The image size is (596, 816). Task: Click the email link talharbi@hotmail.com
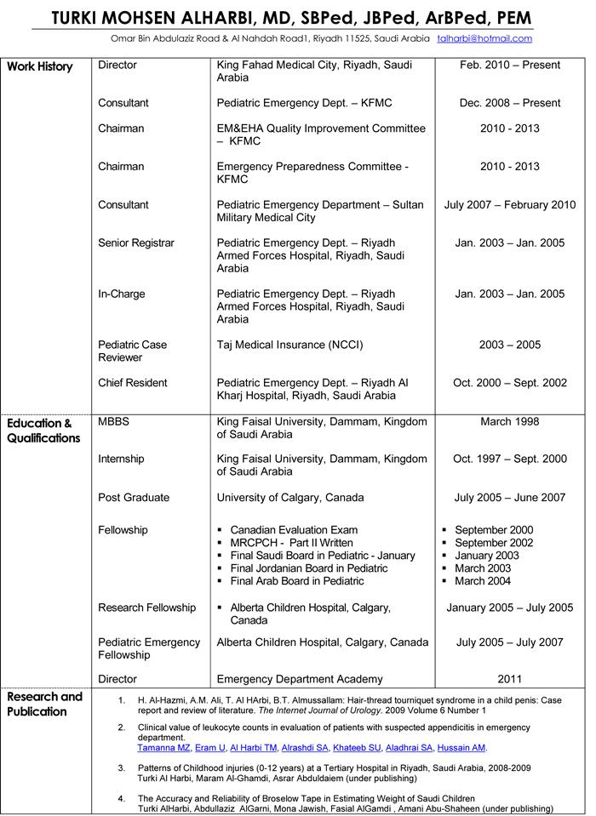[x=484, y=38]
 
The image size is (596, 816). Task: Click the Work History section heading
[x=40, y=66]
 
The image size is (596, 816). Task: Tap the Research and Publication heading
[x=44, y=704]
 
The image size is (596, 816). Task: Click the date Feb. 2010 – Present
[x=509, y=65]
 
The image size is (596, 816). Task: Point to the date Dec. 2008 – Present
[x=509, y=103]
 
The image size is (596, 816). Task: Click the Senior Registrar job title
[x=136, y=243]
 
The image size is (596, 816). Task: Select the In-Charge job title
[x=122, y=294]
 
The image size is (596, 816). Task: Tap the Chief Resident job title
[x=133, y=383]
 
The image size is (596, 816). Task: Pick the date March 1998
[x=509, y=421]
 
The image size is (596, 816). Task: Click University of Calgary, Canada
[x=290, y=498]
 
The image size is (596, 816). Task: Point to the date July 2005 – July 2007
[x=509, y=642]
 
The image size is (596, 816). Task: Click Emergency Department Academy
[x=300, y=679]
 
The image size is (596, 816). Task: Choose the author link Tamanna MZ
[x=163, y=748]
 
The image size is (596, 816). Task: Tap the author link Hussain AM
[x=461, y=748]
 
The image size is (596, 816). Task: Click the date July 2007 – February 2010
[x=509, y=205]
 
